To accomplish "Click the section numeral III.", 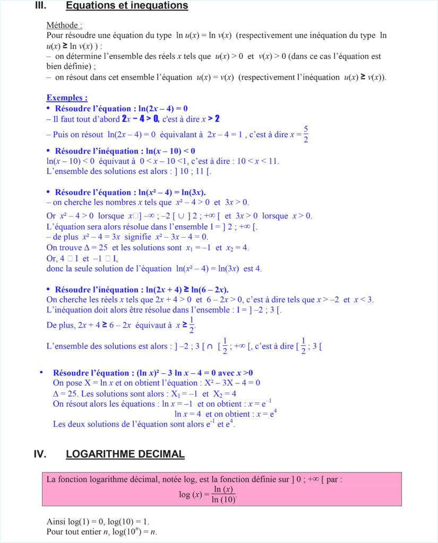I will (x=40, y=6).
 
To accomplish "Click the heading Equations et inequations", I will (x=127, y=6).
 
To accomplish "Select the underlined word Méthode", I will (x=64, y=25).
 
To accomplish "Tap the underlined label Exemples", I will (x=67, y=98).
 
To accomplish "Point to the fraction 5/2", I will (x=306, y=134).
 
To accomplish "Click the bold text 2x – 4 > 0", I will (x=140, y=119).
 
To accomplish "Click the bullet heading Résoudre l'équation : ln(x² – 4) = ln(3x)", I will (x=130, y=192).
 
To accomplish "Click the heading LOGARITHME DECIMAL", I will (x=125, y=454).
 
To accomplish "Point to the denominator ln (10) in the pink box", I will (x=224, y=499).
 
